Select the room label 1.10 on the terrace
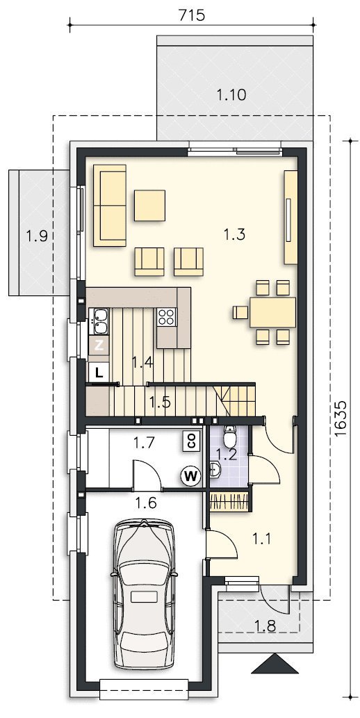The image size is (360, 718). pos(231,95)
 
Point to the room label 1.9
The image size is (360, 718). pos(37,236)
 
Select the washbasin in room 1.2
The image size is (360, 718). pos(215,468)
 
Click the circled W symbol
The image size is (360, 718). pos(190,477)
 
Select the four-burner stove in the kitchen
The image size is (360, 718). pos(167,317)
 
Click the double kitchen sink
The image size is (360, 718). pos(99,320)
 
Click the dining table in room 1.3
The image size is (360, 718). pos(272,312)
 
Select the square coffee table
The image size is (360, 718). pos(150,205)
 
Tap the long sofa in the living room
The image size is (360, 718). pos(110,205)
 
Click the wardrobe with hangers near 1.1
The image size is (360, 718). pos(229,500)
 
